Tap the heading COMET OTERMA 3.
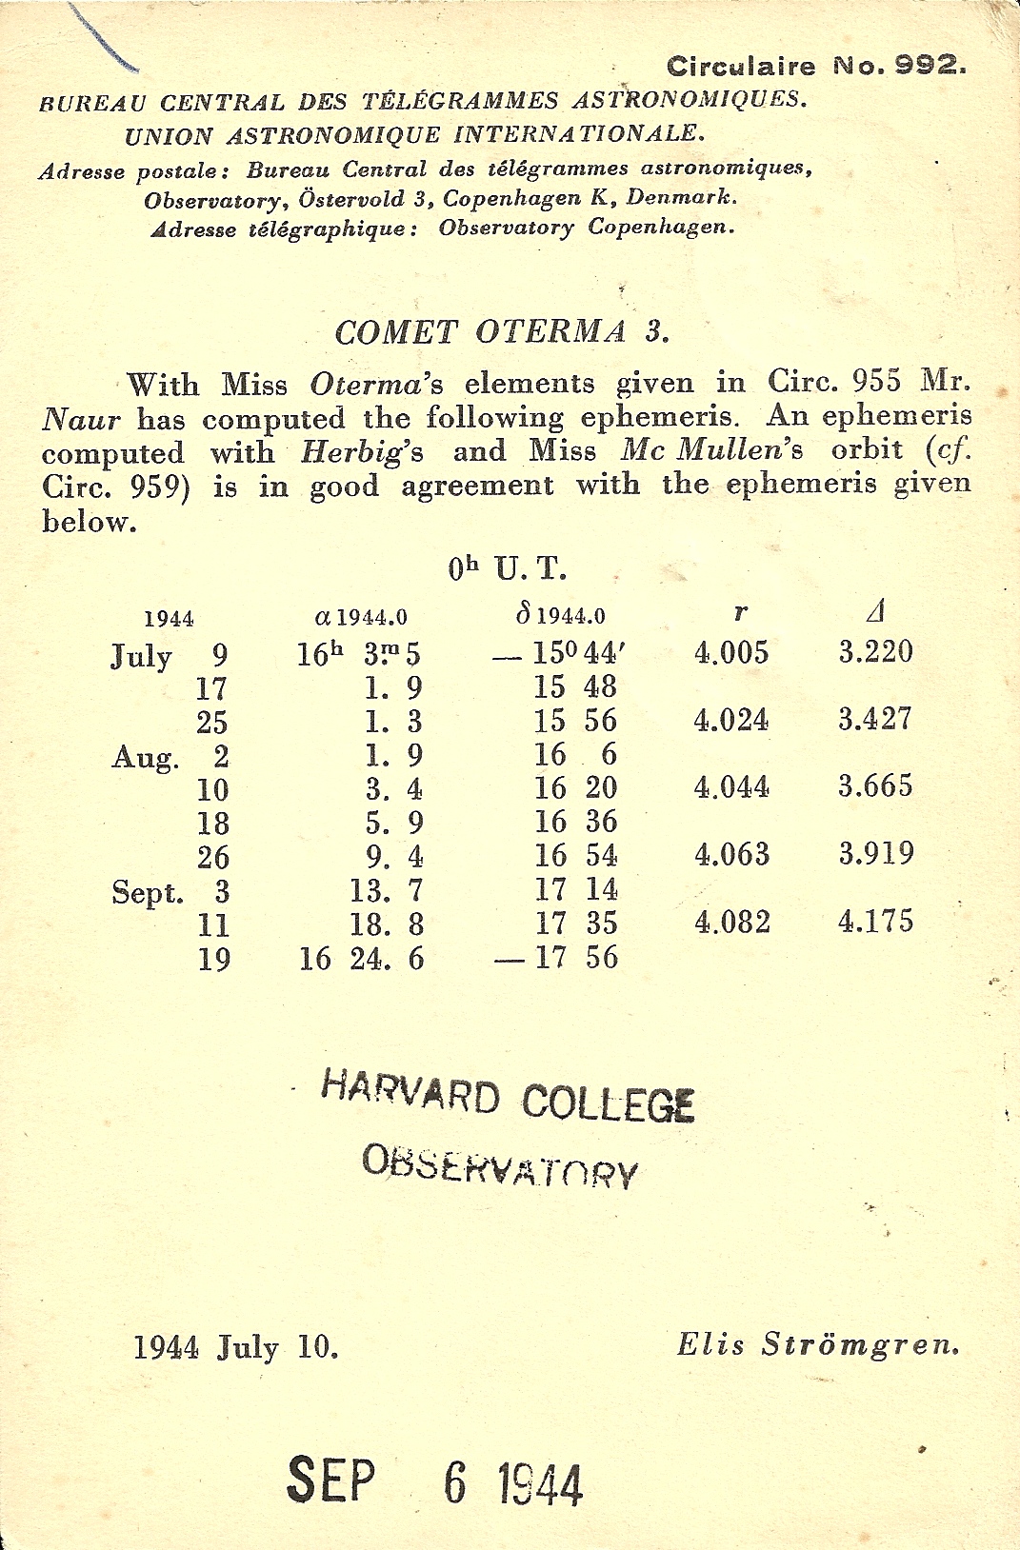click(x=502, y=332)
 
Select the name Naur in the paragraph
click(x=81, y=419)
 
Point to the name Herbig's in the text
click(x=362, y=451)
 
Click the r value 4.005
click(x=730, y=652)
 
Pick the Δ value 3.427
click(x=874, y=719)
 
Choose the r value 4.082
click(x=731, y=922)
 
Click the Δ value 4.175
click(x=874, y=921)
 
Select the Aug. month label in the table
click(x=145, y=758)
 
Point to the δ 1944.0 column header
click(x=560, y=616)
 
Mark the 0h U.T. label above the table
click(x=507, y=569)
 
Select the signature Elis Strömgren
click(x=817, y=1344)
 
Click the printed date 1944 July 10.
click(x=235, y=1347)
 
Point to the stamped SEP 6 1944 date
click(x=434, y=1480)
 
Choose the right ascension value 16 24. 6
click(x=361, y=958)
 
